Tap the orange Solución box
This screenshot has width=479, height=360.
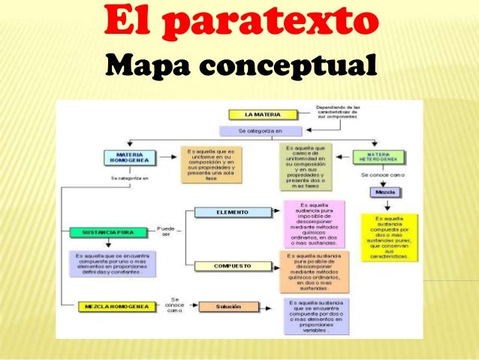[230, 307]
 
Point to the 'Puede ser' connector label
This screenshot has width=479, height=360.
[166, 231]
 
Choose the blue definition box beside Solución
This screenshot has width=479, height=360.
[315, 316]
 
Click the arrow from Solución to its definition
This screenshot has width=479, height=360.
[271, 307]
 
